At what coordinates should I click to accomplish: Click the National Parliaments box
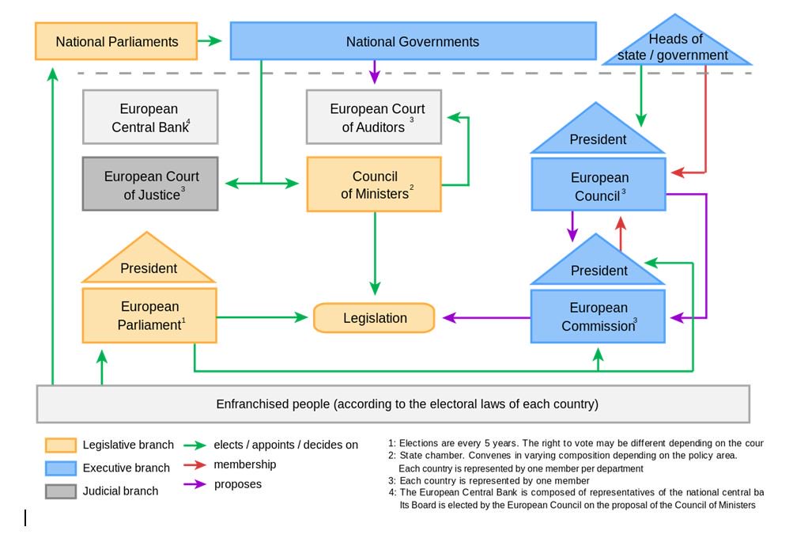coord(116,41)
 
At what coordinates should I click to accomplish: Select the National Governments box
coord(413,41)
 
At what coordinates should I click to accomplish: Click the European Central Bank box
coord(150,117)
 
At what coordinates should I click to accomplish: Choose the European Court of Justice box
coord(150,185)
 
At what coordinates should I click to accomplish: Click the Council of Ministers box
coord(374,185)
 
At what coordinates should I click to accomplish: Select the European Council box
coord(599,185)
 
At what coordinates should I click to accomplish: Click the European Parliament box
coord(149,315)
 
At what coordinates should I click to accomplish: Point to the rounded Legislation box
coord(375,318)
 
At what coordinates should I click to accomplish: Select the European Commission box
coord(599,316)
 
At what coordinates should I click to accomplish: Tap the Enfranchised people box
coord(393,404)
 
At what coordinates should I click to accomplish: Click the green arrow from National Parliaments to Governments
coord(210,41)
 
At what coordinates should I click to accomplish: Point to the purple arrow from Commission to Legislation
coord(486,318)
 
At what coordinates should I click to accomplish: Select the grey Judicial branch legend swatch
coord(61,491)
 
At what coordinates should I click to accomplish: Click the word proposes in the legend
coord(238,484)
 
